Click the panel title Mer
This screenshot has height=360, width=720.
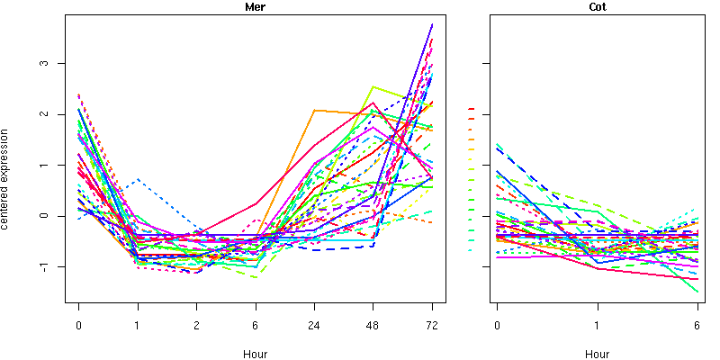[255, 7]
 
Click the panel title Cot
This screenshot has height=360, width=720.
[597, 7]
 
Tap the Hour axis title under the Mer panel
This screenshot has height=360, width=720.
[255, 354]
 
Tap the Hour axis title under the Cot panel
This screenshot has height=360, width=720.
[597, 354]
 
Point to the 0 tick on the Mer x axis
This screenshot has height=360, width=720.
[78, 325]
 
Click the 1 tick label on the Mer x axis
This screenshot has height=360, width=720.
[138, 325]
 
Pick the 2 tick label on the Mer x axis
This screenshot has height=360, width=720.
[196, 325]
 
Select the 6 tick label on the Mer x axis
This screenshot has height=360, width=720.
[256, 325]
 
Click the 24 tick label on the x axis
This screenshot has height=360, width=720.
[314, 325]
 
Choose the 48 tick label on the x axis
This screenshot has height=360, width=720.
[373, 325]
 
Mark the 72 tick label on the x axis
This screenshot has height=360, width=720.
[432, 325]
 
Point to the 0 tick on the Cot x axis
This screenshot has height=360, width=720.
[497, 325]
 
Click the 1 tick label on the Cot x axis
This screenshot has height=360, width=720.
[597, 325]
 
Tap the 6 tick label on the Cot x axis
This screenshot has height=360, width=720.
[697, 325]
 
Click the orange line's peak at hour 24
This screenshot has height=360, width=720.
[314, 110]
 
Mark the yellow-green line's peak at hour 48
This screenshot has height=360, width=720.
[373, 86]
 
